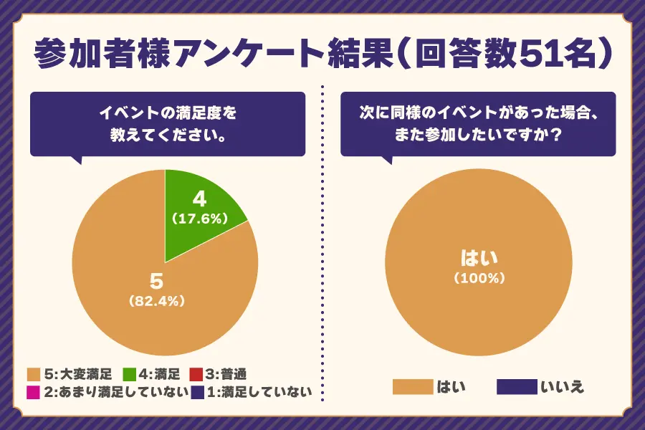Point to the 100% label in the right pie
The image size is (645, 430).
click(479, 277)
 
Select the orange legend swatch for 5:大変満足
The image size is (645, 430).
click(33, 373)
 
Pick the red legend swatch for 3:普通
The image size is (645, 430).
click(196, 373)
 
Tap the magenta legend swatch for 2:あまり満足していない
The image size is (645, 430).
click(33, 391)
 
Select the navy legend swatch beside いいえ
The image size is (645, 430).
click(517, 388)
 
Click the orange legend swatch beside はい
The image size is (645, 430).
click(413, 388)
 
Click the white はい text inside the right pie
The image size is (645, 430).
click(479, 257)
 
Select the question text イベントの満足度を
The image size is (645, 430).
click(167, 113)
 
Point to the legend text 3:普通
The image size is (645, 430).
click(226, 373)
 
